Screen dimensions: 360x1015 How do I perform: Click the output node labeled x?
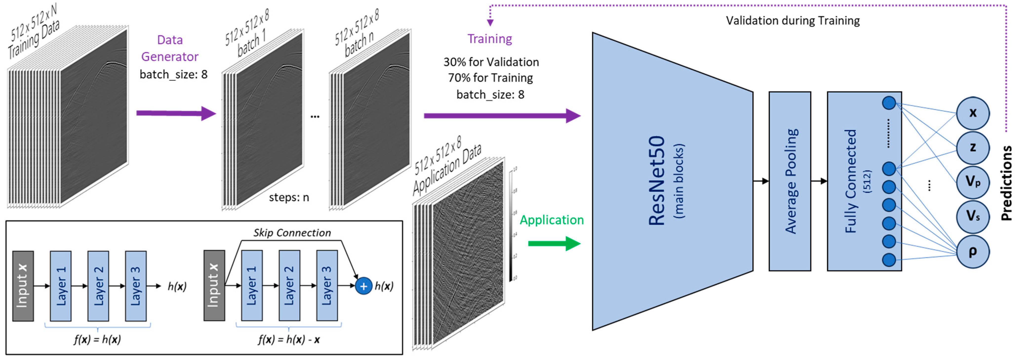point(973,113)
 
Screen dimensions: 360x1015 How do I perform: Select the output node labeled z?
point(973,148)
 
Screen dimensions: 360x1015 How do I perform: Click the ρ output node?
point(973,251)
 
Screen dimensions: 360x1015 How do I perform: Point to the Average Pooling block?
point(790,181)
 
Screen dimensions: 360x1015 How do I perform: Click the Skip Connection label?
point(292,233)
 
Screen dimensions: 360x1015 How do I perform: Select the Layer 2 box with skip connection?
point(289,286)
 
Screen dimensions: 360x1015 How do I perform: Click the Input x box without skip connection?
point(23,286)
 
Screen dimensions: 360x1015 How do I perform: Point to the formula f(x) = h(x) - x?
point(289,339)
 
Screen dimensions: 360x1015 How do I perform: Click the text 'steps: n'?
point(289,197)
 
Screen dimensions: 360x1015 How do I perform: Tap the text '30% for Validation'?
point(491,62)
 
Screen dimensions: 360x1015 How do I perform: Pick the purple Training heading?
point(490,39)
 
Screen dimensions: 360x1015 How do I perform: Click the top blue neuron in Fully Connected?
point(889,103)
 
